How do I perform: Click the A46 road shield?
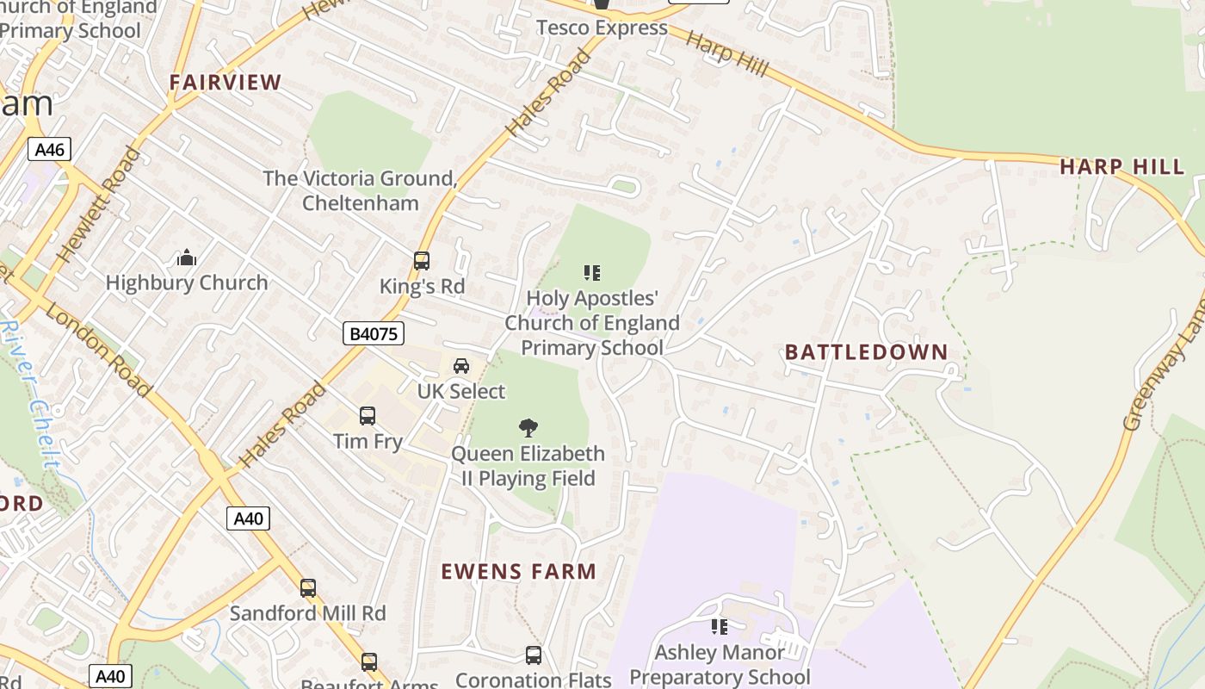point(49,150)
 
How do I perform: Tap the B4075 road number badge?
point(374,333)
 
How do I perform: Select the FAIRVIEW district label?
point(226,83)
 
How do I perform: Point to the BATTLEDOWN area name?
point(866,352)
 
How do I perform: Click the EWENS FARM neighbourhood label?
point(519,572)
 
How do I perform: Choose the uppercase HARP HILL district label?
point(1122,167)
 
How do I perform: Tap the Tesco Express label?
point(602,28)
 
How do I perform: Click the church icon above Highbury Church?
point(186,258)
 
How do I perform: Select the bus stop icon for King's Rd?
point(422,261)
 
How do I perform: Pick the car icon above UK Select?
point(461,366)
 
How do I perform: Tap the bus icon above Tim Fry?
point(368,416)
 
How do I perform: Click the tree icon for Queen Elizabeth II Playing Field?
point(528,427)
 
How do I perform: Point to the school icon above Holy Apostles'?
point(592,273)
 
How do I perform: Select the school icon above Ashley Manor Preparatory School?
point(719,627)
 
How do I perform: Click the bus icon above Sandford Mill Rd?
point(308,588)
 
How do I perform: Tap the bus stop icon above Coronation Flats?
point(534,655)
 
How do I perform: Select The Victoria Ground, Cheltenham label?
point(360,190)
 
